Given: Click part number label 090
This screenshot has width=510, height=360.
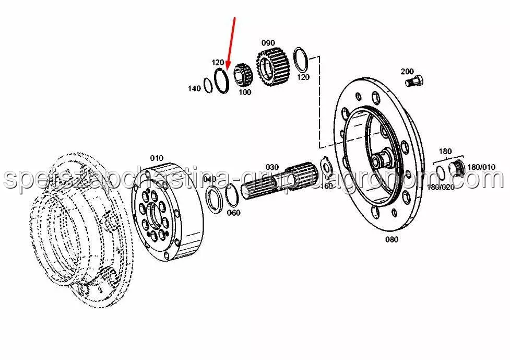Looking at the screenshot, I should pos(268,43).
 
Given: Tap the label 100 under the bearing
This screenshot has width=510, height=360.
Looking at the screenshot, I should pos(244,92).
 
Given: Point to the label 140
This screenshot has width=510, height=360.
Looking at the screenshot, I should pos(194,89).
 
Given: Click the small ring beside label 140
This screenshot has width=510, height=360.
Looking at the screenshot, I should pos(208,84).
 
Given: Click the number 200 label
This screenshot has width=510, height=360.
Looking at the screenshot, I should pos(407,71).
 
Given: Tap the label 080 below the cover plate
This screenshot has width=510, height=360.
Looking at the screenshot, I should pos(391,240).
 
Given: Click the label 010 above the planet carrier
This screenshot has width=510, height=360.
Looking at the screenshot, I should pos(156,158).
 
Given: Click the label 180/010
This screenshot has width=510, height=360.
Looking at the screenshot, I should pos(480,167).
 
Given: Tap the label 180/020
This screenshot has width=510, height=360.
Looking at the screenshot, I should pos(441,187).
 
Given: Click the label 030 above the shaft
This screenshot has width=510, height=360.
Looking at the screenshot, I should pos(272,167).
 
